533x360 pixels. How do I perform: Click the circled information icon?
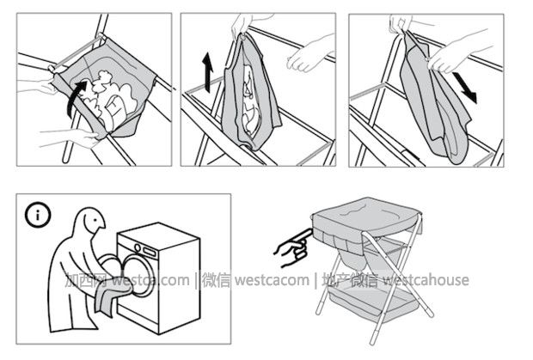[x=38, y=215]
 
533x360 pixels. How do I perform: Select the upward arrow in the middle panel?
[x=207, y=72]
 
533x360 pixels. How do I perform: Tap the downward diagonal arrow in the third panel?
[x=465, y=87]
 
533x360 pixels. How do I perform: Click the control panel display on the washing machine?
[x=150, y=252]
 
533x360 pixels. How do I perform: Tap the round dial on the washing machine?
[x=138, y=247]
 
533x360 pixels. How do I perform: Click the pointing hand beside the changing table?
[x=293, y=248]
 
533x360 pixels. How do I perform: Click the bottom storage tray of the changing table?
[x=371, y=300]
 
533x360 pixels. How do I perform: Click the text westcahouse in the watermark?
[x=426, y=280]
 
